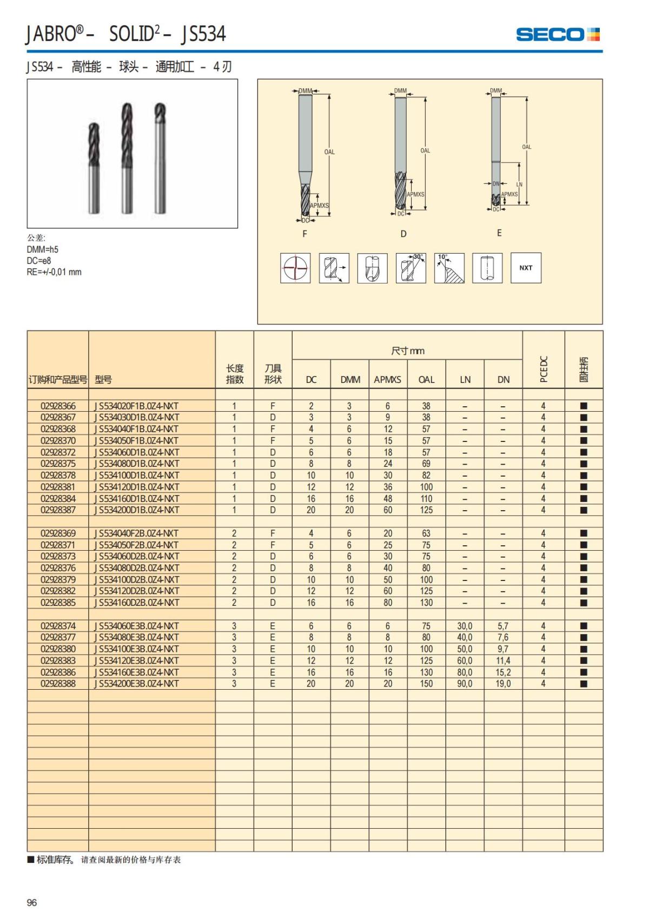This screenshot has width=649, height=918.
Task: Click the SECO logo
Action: click(558, 35)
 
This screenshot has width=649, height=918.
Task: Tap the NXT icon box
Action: click(526, 268)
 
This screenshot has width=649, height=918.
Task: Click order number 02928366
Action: click(58, 406)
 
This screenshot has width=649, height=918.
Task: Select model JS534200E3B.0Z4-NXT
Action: click(137, 684)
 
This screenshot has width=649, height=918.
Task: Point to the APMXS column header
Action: click(387, 380)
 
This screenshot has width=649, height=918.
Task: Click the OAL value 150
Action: click(426, 684)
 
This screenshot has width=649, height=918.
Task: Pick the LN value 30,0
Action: click(465, 626)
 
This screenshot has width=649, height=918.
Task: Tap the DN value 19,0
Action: click(503, 684)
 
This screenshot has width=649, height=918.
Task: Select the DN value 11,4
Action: click(503, 661)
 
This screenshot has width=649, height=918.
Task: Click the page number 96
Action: click(32, 902)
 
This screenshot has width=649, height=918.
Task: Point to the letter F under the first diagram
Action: click(304, 234)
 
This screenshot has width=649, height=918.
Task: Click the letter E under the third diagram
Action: click(499, 233)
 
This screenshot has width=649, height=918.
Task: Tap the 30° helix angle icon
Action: click(410, 268)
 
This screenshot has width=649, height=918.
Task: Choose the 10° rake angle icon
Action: click(449, 268)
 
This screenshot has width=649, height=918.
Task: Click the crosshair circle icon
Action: click(295, 268)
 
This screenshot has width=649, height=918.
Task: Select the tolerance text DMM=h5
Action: click(43, 249)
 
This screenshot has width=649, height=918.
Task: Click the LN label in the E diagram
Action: click(519, 184)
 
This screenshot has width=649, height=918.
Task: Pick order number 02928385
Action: click(58, 603)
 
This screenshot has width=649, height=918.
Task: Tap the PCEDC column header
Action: click(544, 369)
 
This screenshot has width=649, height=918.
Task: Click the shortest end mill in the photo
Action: click(95, 168)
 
